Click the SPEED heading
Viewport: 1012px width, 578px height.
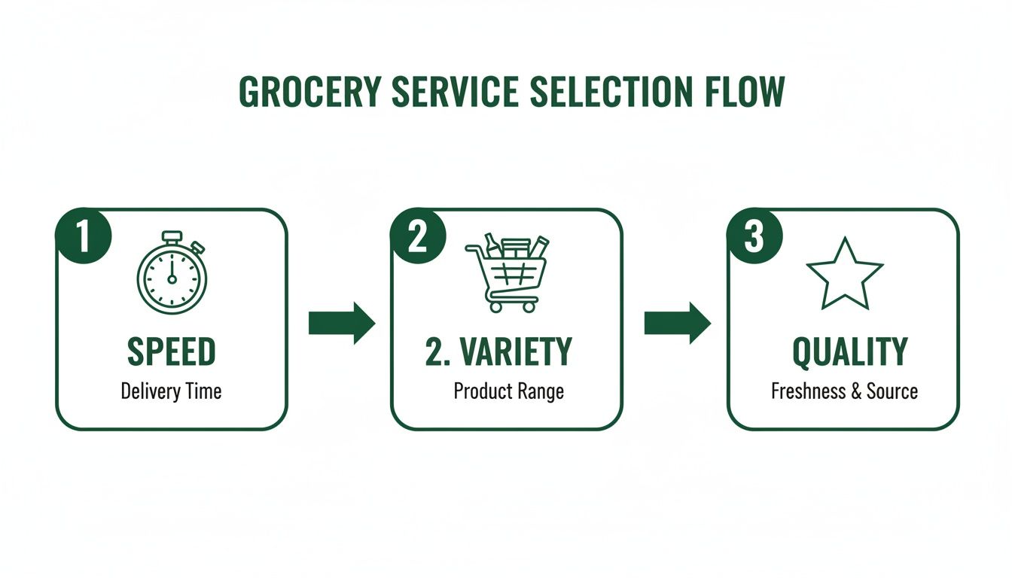point(172,352)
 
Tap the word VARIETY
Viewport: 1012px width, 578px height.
point(517,352)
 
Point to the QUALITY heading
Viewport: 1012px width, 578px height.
point(850,352)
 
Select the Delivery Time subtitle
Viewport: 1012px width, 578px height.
point(172,391)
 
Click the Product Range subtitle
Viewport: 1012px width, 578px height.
point(508,391)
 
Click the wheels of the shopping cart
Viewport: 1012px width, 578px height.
point(513,307)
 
